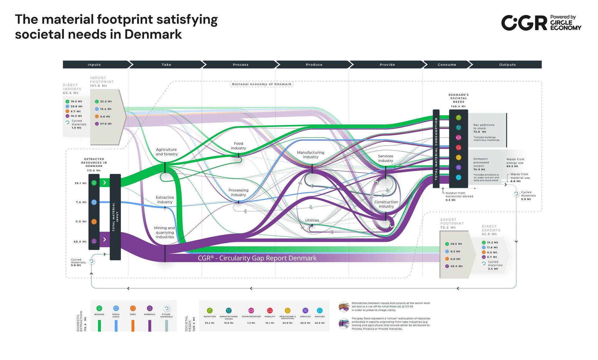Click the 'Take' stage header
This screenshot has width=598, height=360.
[166, 65]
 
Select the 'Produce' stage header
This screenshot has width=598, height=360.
[314, 65]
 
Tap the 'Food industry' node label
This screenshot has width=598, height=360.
[238, 146]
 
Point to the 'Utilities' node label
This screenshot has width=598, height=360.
[312, 220]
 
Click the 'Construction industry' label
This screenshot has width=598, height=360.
[386, 204]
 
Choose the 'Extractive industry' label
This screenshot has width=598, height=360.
[165, 200]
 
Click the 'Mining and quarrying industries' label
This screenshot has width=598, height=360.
[164, 233]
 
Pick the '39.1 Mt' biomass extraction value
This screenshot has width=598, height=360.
[80, 183]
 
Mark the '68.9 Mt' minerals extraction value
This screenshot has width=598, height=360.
[80, 242]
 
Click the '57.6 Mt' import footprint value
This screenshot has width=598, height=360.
[106, 124]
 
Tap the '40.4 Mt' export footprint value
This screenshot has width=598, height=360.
[456, 266]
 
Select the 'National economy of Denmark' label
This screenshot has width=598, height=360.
[262, 84]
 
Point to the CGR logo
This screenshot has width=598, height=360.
[524, 23]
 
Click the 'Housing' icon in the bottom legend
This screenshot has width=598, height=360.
[320, 310]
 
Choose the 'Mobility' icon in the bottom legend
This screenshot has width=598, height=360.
[270, 310]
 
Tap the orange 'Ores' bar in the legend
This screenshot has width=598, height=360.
[133, 325]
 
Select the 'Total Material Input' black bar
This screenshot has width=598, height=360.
[115, 217]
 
